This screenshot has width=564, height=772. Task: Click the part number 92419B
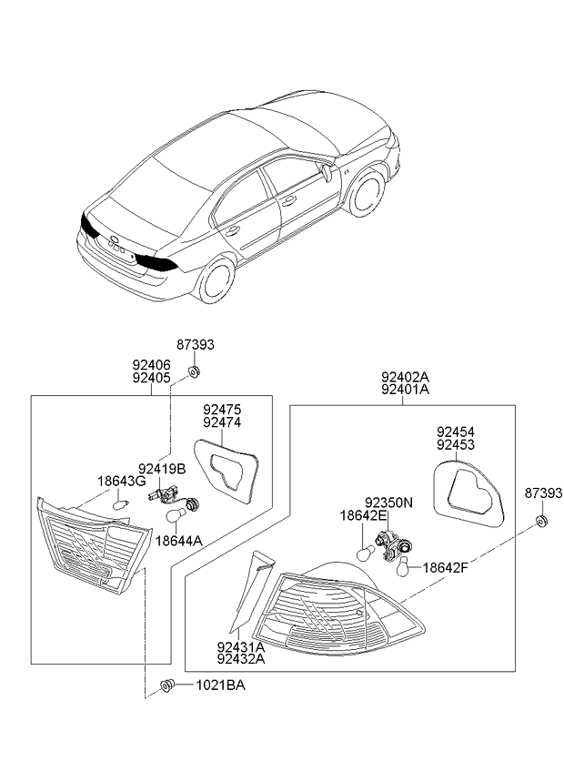click(x=162, y=469)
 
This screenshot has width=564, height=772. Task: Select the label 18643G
click(x=122, y=481)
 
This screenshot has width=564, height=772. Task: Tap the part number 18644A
click(x=179, y=541)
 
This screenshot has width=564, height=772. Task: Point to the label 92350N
click(x=388, y=503)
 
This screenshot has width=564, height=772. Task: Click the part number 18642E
click(x=363, y=516)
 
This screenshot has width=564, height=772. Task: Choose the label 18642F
click(x=446, y=568)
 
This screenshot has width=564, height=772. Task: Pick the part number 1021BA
click(x=220, y=685)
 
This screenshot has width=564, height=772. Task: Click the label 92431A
click(x=241, y=646)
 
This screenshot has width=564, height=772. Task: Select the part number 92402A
click(x=406, y=377)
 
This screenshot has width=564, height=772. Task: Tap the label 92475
click(x=223, y=410)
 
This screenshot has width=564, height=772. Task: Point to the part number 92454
click(x=456, y=432)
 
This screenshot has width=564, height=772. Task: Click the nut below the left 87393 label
click(x=195, y=371)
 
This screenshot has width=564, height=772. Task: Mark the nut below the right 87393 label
click(x=541, y=521)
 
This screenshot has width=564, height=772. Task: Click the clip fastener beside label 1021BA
click(x=167, y=685)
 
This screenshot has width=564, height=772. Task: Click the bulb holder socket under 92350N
click(x=394, y=545)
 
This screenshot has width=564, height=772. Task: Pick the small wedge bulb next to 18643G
click(x=121, y=504)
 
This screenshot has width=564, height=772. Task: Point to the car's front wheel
click(x=367, y=192)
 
